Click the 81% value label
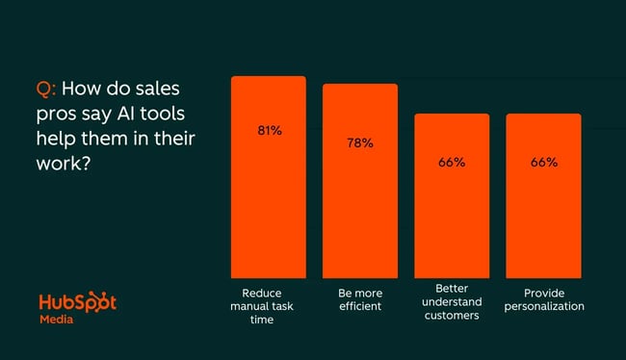(268, 130)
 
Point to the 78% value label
(359, 143)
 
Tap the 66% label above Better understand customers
(452, 162)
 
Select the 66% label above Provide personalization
(543, 162)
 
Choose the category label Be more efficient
(359, 299)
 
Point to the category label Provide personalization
(543, 299)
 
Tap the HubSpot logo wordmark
(77, 302)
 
